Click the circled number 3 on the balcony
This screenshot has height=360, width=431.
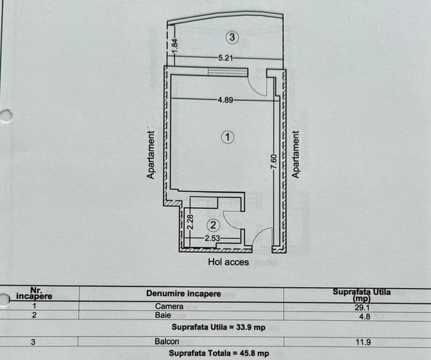coord(233,38)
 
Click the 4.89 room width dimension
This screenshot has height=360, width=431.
coord(224,100)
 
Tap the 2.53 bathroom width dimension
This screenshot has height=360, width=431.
coord(212,239)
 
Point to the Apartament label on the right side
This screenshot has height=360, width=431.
coord(295,155)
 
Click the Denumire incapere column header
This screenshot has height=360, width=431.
coord(184,293)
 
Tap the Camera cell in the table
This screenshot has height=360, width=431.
coord(169,306)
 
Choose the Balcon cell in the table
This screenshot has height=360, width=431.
coord(167,342)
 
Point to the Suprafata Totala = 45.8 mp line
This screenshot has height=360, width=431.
coord(218,353)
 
